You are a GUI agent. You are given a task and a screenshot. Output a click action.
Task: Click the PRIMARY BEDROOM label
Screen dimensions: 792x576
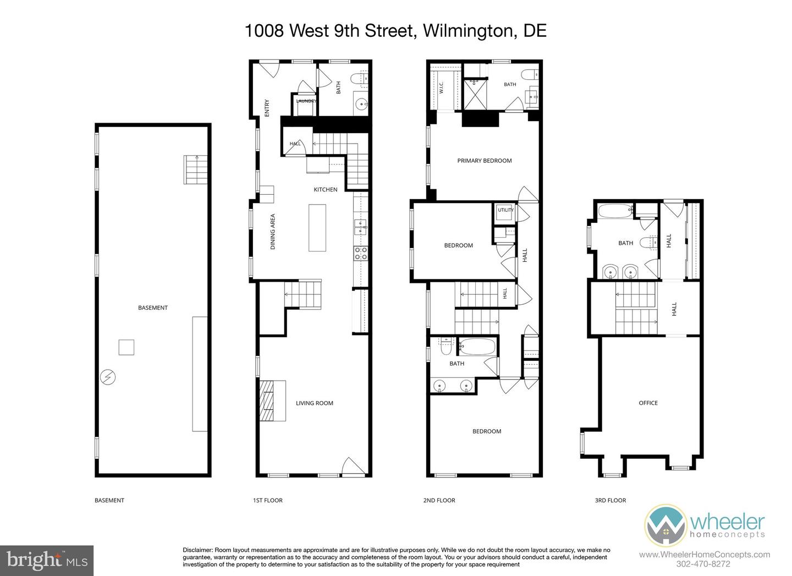coord(485,161)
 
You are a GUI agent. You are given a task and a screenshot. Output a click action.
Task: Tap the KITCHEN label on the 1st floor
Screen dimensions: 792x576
coord(325,190)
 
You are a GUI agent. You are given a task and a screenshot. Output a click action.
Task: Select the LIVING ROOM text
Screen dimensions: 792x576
coord(315,403)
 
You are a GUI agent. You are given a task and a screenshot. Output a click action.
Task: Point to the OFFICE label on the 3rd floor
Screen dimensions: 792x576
coord(648,403)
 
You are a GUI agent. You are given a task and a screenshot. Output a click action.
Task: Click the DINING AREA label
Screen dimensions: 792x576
coord(273,232)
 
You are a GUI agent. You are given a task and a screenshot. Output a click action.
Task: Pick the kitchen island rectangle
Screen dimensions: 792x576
coord(317,228)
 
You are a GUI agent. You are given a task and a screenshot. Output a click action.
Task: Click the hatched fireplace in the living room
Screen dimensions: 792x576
coord(267,401)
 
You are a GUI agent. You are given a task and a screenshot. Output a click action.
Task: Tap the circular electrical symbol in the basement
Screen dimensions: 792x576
coord(108,377)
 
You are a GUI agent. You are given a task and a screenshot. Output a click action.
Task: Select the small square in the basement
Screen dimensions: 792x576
coord(127,347)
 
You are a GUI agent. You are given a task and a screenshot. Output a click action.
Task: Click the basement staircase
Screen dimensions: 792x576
coord(195,169)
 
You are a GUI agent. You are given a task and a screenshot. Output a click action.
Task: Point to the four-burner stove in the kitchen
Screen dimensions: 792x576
coord(361,254)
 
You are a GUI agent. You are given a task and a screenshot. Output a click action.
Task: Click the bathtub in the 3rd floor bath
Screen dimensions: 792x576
coord(615,211)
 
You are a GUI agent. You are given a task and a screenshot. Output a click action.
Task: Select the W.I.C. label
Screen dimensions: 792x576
coord(441,87)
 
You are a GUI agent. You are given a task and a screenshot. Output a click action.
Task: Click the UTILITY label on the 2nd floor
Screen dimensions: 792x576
coord(505,210)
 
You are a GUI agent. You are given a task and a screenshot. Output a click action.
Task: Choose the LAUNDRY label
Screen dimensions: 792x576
coord(306,101)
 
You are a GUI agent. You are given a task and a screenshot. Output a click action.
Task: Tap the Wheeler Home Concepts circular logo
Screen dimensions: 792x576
coord(665,525)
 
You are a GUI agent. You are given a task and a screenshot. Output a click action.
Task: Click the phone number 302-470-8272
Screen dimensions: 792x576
coord(703,564)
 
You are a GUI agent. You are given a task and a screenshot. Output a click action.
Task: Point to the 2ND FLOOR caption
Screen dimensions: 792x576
coord(439,500)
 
